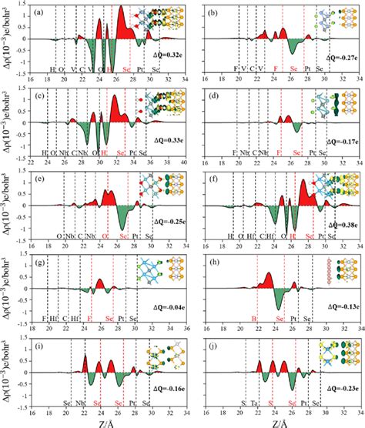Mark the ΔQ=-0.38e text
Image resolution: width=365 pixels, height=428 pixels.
click(x=330, y=224)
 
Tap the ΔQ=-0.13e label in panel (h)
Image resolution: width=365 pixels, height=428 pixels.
click(x=329, y=306)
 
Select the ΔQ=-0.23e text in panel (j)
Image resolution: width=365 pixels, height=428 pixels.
click(x=330, y=390)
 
